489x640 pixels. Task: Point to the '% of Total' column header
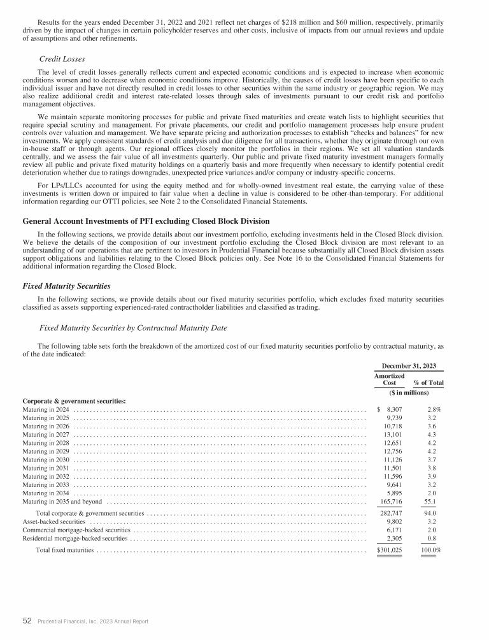[429, 382]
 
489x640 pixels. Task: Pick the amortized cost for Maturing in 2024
[389, 409]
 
